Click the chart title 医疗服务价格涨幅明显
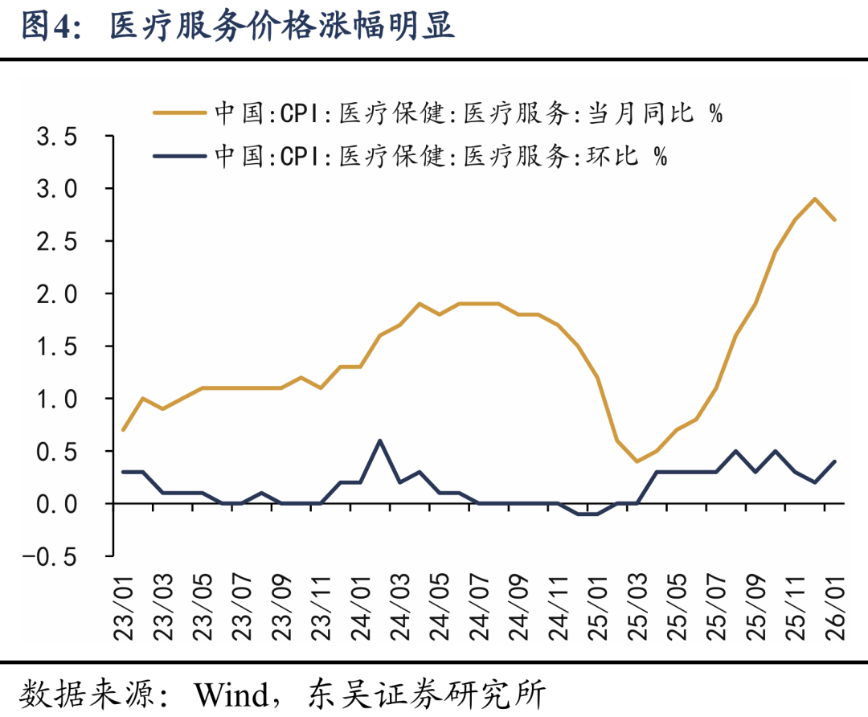pos(281,27)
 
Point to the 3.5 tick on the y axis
pos(56,137)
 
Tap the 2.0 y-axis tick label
pos(56,294)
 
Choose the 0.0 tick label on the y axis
pos(56,504)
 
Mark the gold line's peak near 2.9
pos(815,199)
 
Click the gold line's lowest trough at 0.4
pos(637,461)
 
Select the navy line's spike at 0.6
pos(380,440)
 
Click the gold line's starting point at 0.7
pos(124,430)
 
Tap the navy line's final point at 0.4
pos(835,461)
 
